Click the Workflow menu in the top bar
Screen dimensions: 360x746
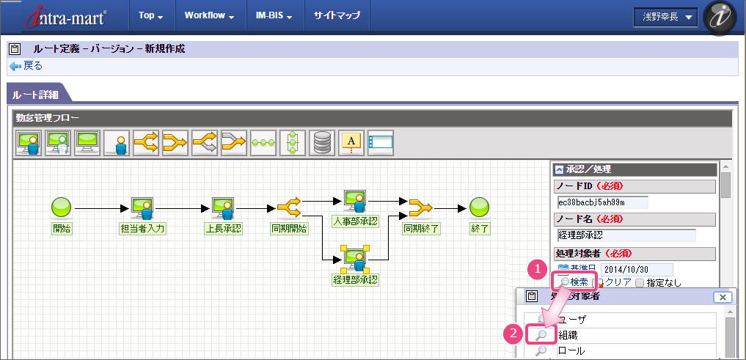(x=208, y=15)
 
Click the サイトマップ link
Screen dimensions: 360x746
(x=337, y=15)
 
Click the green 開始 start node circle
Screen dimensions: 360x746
(x=61, y=207)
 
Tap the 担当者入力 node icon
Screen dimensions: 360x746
(x=142, y=207)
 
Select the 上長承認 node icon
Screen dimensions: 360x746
(x=223, y=207)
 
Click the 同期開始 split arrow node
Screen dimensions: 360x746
(x=289, y=207)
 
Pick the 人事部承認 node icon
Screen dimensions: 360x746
(x=354, y=199)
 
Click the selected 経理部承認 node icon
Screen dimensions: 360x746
(x=354, y=257)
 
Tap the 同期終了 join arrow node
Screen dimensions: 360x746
(x=421, y=207)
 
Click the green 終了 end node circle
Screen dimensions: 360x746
(x=480, y=207)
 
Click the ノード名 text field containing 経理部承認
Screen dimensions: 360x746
(x=626, y=235)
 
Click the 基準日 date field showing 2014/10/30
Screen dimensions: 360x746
(x=636, y=270)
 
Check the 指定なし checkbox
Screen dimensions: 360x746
(x=640, y=282)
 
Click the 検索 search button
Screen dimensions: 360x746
(x=574, y=282)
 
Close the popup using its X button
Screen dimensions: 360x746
(x=723, y=297)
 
